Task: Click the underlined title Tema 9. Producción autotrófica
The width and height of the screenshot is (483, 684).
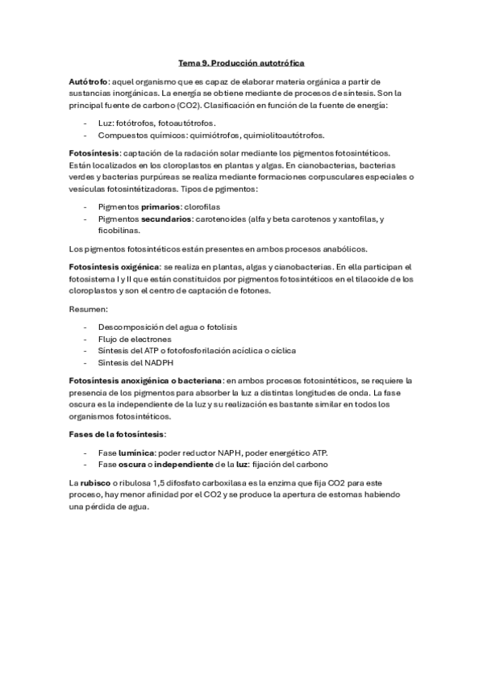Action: pos(241,62)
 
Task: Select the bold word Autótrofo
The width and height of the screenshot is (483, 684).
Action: pos(89,82)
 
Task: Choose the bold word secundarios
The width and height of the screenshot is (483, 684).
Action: pos(160,219)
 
